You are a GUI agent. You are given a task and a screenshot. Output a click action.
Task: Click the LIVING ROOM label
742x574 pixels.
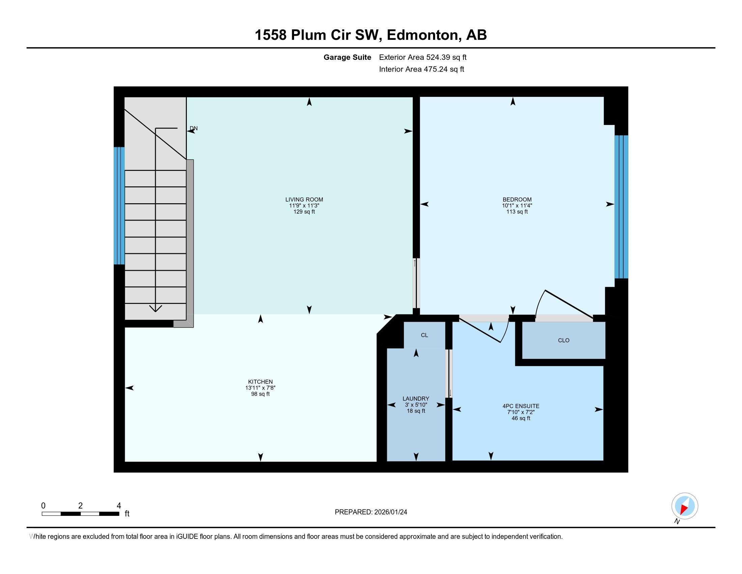(x=304, y=200)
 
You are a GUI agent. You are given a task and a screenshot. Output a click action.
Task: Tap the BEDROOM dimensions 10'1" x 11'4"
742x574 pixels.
(x=517, y=206)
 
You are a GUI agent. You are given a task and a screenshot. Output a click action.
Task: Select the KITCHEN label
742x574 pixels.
(x=260, y=382)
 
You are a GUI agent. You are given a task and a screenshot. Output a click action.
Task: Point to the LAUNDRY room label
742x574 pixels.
(x=416, y=398)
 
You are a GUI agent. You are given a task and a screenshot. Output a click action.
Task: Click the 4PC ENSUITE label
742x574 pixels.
(x=521, y=406)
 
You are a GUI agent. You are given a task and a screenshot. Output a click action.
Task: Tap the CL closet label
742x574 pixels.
(x=424, y=335)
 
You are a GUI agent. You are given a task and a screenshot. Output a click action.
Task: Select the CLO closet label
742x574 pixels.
(x=563, y=340)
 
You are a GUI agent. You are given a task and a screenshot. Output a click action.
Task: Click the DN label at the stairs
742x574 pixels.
(x=194, y=129)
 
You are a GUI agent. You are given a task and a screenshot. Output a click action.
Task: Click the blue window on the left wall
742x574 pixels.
(x=119, y=205)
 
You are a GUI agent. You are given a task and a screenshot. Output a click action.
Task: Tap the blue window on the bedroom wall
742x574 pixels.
(x=621, y=207)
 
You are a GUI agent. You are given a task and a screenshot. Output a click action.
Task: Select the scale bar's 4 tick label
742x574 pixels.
(x=119, y=506)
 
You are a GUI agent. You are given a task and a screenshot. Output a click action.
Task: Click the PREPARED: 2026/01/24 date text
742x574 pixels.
(x=371, y=512)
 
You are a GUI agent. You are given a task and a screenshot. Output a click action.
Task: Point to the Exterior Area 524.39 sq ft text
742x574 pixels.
(x=423, y=57)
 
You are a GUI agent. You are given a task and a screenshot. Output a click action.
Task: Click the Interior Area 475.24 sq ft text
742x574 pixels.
(x=421, y=69)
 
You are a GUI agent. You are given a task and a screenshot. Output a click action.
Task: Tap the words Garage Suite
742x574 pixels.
(x=347, y=57)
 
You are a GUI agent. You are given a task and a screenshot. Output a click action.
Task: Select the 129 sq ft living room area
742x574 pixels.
(x=304, y=212)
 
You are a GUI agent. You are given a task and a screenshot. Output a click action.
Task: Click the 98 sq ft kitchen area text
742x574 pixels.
(x=260, y=394)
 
